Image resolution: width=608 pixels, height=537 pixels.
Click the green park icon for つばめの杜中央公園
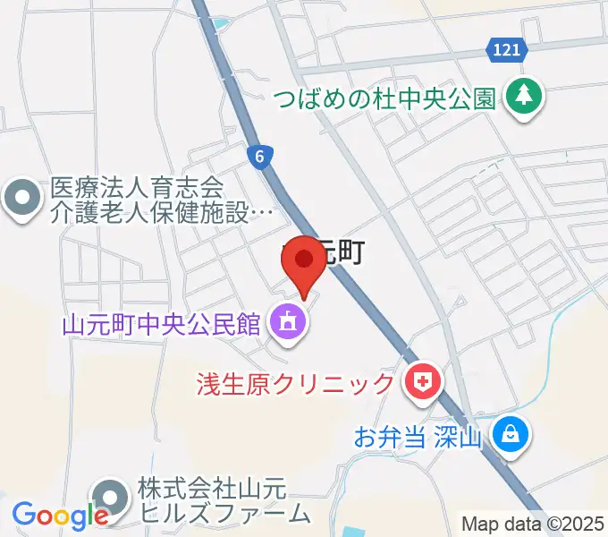[x=523, y=96]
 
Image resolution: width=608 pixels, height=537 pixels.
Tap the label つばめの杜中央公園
[x=384, y=98]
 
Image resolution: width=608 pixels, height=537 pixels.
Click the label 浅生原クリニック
[x=296, y=385]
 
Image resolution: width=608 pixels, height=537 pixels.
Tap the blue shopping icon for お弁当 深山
[x=513, y=436]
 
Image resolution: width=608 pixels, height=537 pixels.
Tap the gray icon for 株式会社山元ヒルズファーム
[x=111, y=499]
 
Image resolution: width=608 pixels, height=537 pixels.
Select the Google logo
[x=59, y=515]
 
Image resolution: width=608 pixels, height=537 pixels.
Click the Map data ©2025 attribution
[x=533, y=524]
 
